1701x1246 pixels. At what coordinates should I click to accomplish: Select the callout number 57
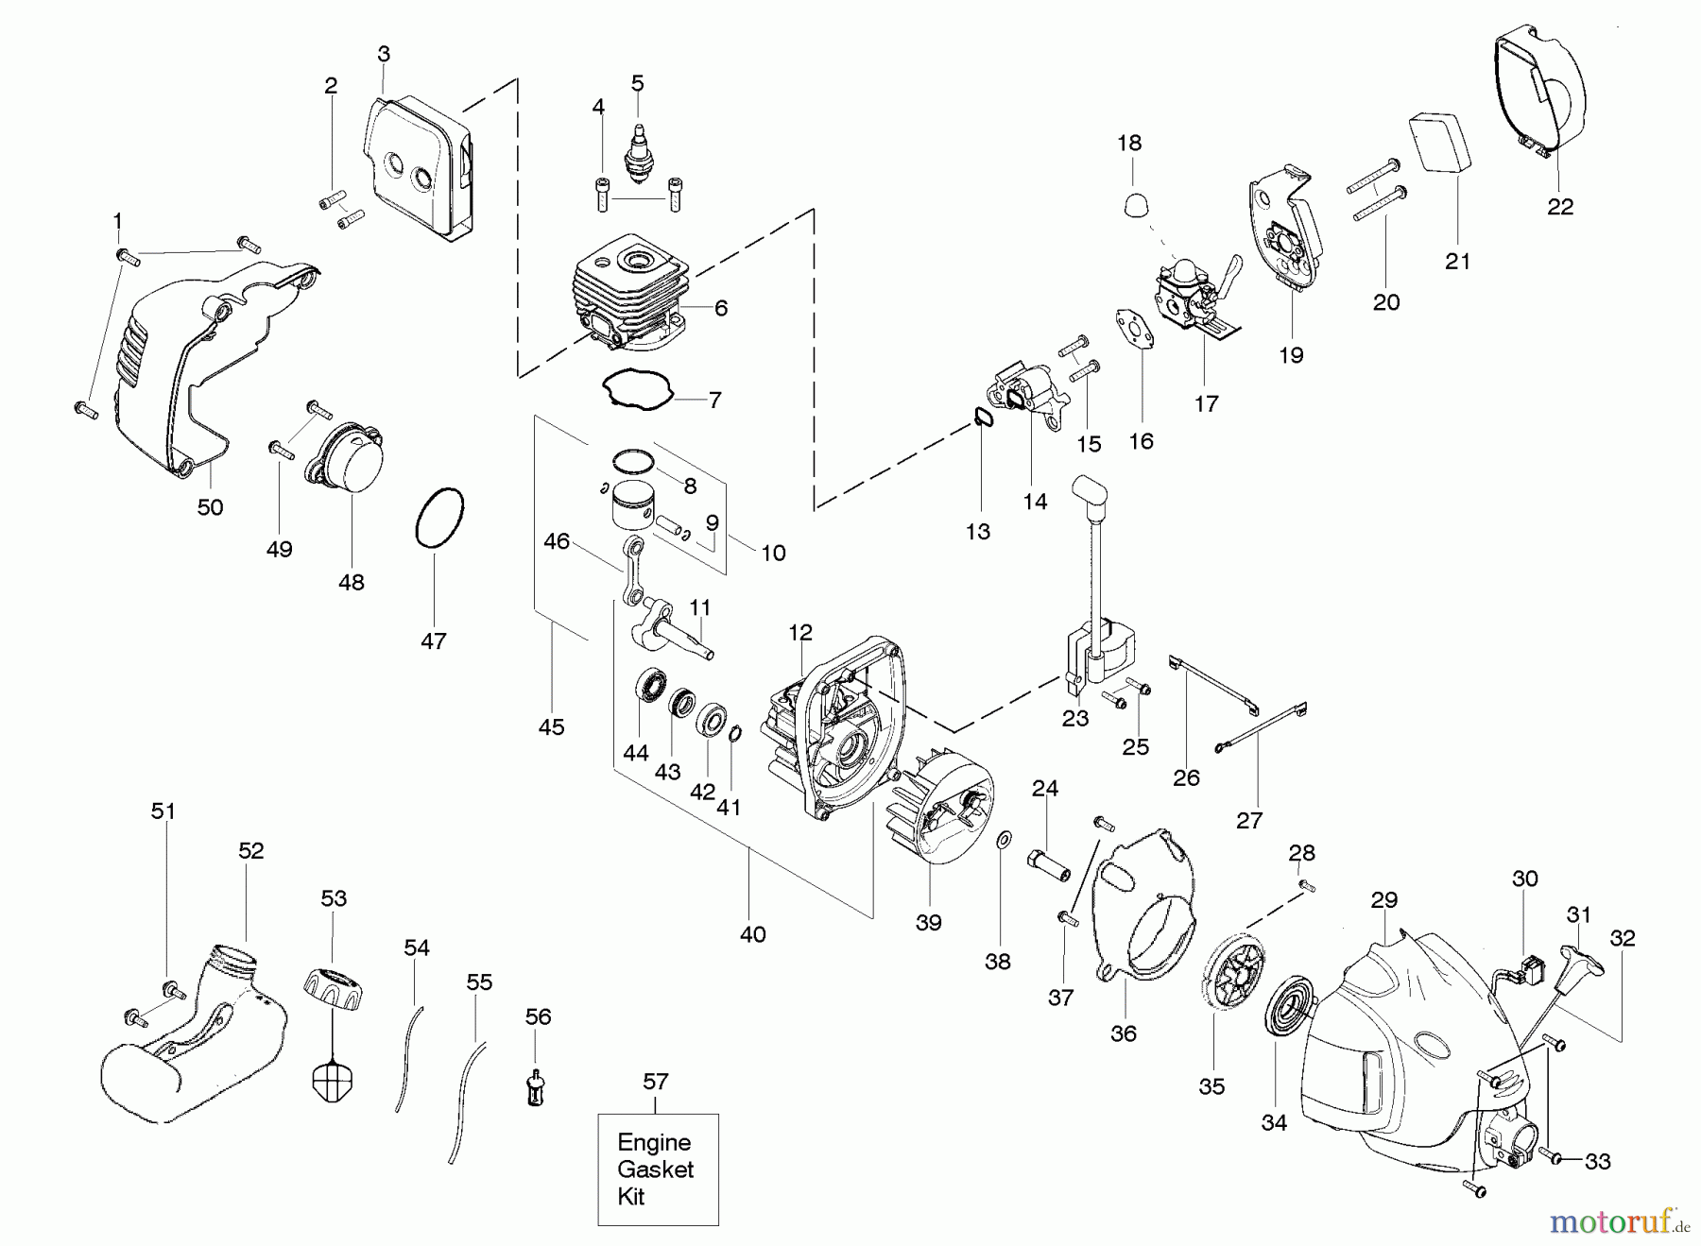click(656, 1082)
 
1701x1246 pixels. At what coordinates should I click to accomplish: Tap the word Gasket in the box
click(656, 1169)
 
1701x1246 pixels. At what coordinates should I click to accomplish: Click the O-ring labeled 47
click(440, 518)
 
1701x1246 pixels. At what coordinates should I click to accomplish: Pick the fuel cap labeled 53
click(333, 989)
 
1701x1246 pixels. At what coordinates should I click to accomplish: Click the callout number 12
click(800, 633)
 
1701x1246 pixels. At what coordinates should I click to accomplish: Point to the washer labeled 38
click(1004, 838)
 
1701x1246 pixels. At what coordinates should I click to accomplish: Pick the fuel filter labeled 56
click(537, 1087)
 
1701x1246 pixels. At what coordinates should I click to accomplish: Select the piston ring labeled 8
click(632, 461)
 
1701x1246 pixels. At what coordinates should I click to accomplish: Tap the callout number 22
click(1560, 207)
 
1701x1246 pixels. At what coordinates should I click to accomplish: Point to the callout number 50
click(210, 507)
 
